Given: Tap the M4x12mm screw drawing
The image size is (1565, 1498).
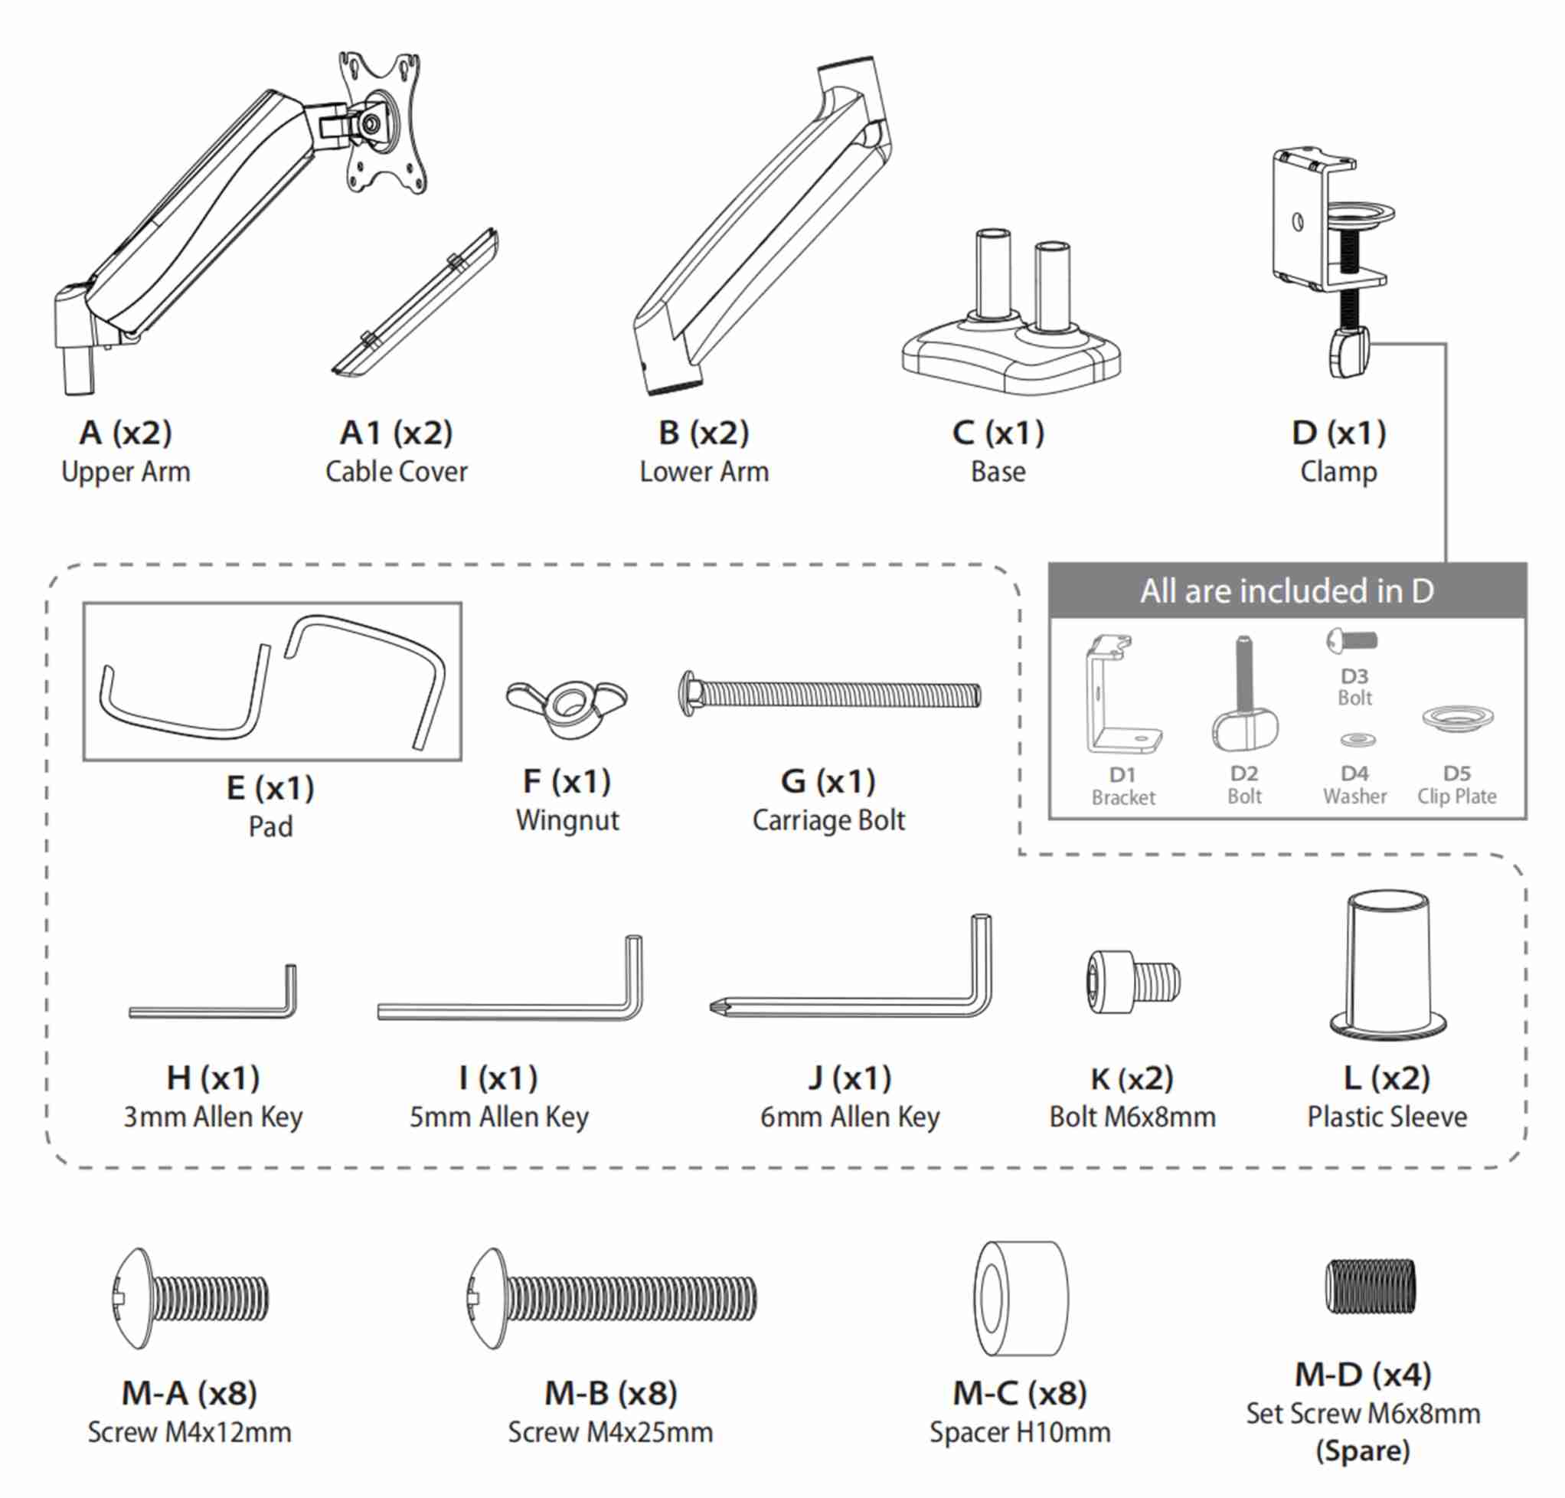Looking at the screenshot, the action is (190, 1298).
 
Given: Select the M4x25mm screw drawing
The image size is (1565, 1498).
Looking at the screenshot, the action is (612, 1298).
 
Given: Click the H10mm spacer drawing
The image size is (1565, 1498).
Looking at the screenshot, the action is (1021, 1298).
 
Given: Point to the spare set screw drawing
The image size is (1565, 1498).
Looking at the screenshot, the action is (1371, 1287).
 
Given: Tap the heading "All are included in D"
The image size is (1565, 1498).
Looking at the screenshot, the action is (1286, 591).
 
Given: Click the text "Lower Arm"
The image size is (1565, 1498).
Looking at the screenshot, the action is (704, 471).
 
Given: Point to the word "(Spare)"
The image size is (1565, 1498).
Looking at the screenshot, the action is (1363, 1451).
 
